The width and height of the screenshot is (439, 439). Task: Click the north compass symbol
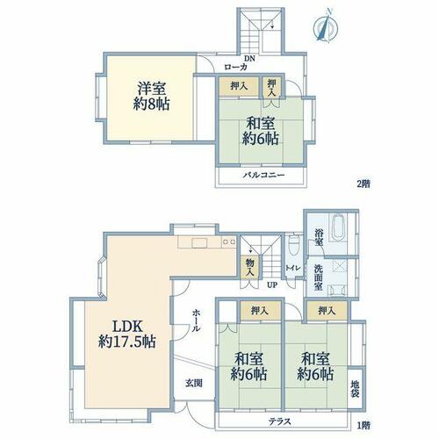pos(326,27)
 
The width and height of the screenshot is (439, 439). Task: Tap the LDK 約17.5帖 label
pos(127,334)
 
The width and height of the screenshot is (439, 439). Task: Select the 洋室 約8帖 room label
pos(151,96)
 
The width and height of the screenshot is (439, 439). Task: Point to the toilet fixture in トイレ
pos(293,246)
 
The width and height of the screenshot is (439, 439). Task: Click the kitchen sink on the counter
pos(199,242)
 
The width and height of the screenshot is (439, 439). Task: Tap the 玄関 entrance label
pos(194,383)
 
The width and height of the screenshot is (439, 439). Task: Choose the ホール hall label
pos(196,320)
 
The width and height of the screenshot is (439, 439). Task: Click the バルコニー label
pos(264,176)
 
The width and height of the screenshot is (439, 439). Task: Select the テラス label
pos(280,421)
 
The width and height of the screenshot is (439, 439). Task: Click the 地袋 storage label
pos(355,389)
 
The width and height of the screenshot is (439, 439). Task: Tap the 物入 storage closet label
pos(249,267)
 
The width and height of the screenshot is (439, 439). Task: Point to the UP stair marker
pos(272,284)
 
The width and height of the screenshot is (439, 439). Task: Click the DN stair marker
pos(249,59)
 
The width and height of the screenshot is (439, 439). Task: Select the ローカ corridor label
pos(235,68)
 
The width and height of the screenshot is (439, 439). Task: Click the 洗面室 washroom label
pos(319,277)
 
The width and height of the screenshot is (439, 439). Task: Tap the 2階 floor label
pos(363,184)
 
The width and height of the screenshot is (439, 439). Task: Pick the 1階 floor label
pos(363,425)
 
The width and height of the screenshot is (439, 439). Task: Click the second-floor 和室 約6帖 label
pos(261,131)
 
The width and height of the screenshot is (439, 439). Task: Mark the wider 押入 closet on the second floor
pos(239,86)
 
